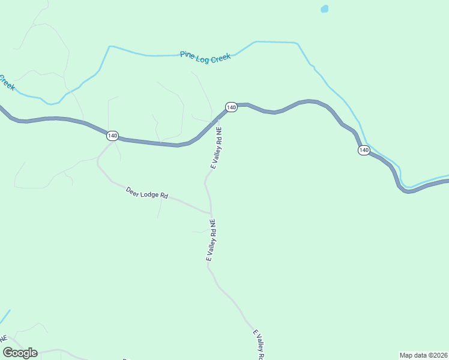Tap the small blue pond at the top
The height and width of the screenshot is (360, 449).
(x=325, y=9)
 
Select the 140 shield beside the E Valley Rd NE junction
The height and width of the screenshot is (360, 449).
(x=231, y=107)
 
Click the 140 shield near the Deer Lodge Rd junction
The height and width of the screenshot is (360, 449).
(x=112, y=136)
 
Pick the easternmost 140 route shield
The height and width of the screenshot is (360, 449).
(x=364, y=150)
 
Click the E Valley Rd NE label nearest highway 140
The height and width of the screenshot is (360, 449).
(x=216, y=148)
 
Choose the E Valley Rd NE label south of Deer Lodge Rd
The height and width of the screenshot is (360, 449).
(x=210, y=240)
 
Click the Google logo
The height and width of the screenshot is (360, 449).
(x=20, y=353)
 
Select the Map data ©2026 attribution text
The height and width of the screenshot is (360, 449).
(x=423, y=355)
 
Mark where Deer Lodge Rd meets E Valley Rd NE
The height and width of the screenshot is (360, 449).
(x=211, y=212)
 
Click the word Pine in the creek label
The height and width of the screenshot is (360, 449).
(x=187, y=55)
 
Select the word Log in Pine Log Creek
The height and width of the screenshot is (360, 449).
(x=202, y=57)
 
